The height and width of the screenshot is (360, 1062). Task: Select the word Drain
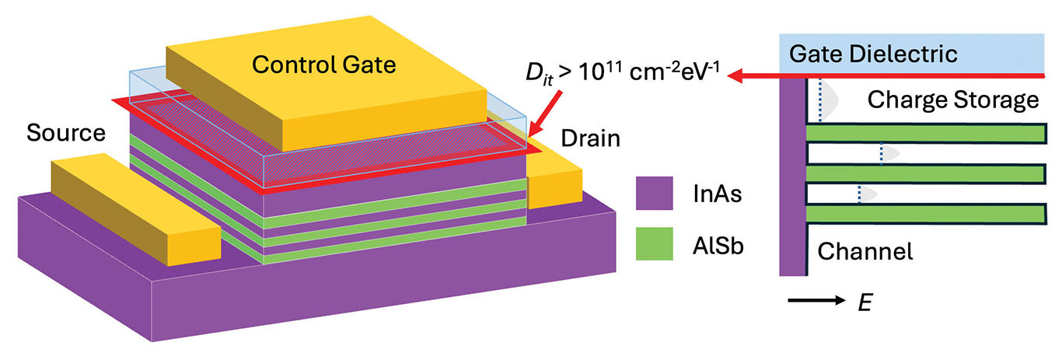590,139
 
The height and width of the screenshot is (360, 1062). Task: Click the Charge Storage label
953,99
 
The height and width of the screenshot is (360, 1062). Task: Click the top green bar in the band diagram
925,133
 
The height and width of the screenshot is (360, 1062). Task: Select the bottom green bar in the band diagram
925,212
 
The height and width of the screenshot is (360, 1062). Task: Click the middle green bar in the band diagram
925,173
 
